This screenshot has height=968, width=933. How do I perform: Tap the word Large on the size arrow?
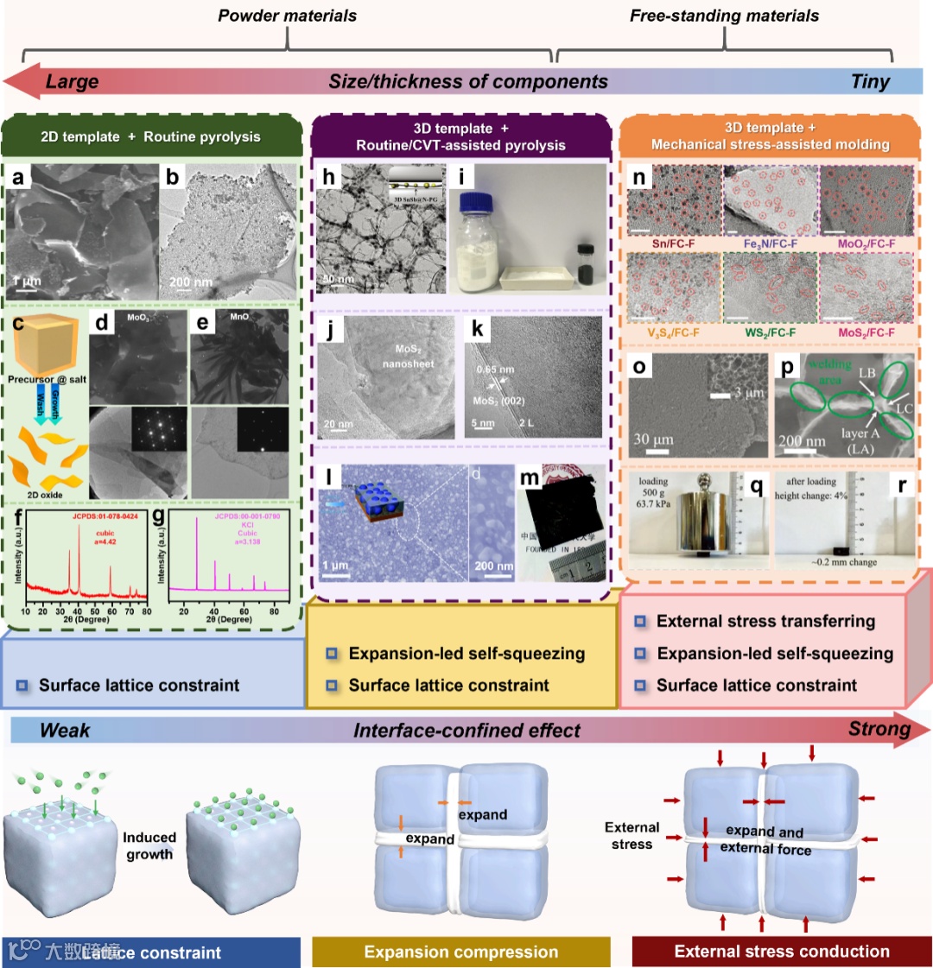[72, 83]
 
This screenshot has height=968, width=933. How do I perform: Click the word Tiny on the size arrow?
[870, 83]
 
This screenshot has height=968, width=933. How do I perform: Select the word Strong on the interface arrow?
[879, 729]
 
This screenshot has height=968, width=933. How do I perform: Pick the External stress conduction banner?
[782, 952]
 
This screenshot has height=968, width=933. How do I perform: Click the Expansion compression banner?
[460, 952]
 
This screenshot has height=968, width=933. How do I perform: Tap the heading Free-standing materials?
[724, 16]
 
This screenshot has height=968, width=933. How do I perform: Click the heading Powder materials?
[287, 16]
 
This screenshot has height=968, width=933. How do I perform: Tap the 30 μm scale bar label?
[653, 440]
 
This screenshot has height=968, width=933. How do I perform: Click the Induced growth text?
[149, 845]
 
